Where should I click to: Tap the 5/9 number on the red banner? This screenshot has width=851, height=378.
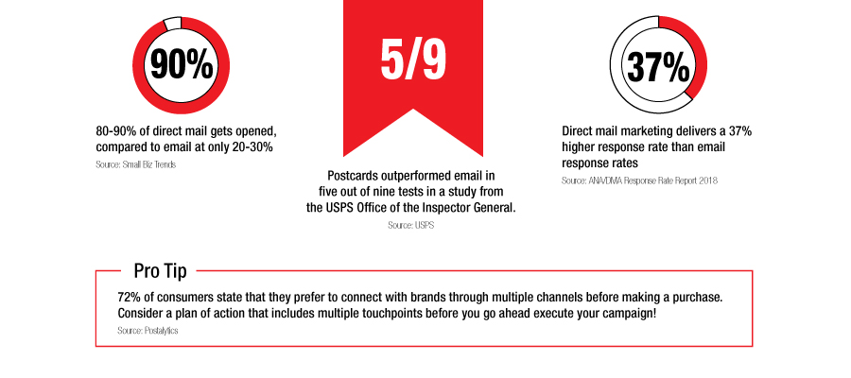coord(413,60)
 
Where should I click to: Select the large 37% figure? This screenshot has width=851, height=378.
coord(658,66)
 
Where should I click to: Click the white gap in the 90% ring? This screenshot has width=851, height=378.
coord(171,23)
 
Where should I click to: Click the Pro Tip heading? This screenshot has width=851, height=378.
coord(160,270)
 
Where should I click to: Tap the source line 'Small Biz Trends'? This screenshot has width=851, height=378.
coord(135,164)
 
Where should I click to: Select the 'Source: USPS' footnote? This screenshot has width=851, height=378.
coord(411,225)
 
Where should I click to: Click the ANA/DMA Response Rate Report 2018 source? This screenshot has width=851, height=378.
coord(639,180)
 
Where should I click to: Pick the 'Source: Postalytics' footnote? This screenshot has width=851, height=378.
coord(148,330)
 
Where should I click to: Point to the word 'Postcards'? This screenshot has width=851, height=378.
coord(354,177)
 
